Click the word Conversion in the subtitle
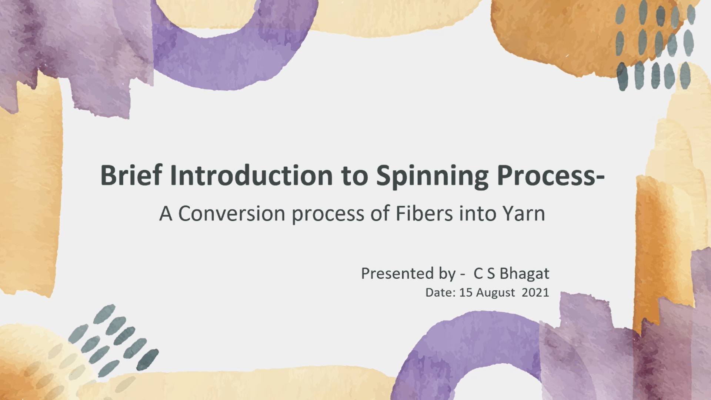[x=231, y=214]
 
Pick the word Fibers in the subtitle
[x=424, y=214]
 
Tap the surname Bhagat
[x=524, y=274]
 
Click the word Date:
[x=440, y=293]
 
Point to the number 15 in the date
[x=466, y=293]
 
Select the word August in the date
[x=495, y=293]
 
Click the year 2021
[x=535, y=293]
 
